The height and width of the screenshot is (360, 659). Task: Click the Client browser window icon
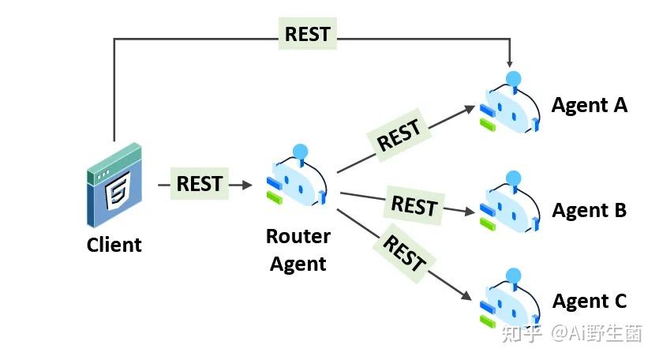click(114, 185)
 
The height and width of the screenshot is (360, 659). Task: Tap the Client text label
click(114, 245)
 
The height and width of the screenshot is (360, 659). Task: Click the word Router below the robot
click(298, 236)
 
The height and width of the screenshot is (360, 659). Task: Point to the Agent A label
click(590, 105)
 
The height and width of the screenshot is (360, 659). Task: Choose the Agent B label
click(590, 210)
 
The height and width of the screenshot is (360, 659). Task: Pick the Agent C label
click(590, 301)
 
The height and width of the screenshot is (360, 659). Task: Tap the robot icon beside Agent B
click(510, 201)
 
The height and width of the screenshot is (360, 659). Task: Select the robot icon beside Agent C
click(510, 298)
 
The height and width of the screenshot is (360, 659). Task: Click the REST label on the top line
click(308, 34)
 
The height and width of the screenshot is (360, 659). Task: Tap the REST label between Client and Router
click(199, 183)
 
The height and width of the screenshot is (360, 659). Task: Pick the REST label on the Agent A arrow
click(399, 134)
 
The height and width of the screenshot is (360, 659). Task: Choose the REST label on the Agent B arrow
click(414, 205)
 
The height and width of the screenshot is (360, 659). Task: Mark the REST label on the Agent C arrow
click(404, 253)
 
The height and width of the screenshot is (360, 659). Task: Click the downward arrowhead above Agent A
click(509, 63)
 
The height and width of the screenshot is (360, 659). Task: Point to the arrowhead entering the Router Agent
click(247, 184)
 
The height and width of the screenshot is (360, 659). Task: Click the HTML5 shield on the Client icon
click(118, 190)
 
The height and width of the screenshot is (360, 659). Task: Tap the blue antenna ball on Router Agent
click(300, 152)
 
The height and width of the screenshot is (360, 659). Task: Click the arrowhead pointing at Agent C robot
click(466, 295)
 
